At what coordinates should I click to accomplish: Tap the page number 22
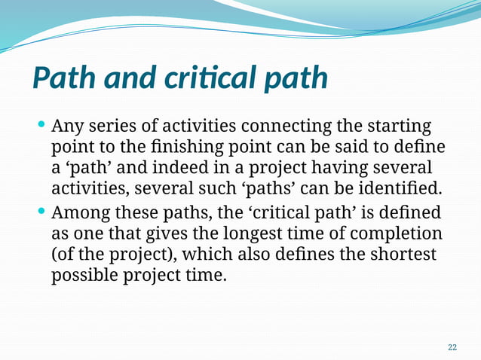452,347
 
